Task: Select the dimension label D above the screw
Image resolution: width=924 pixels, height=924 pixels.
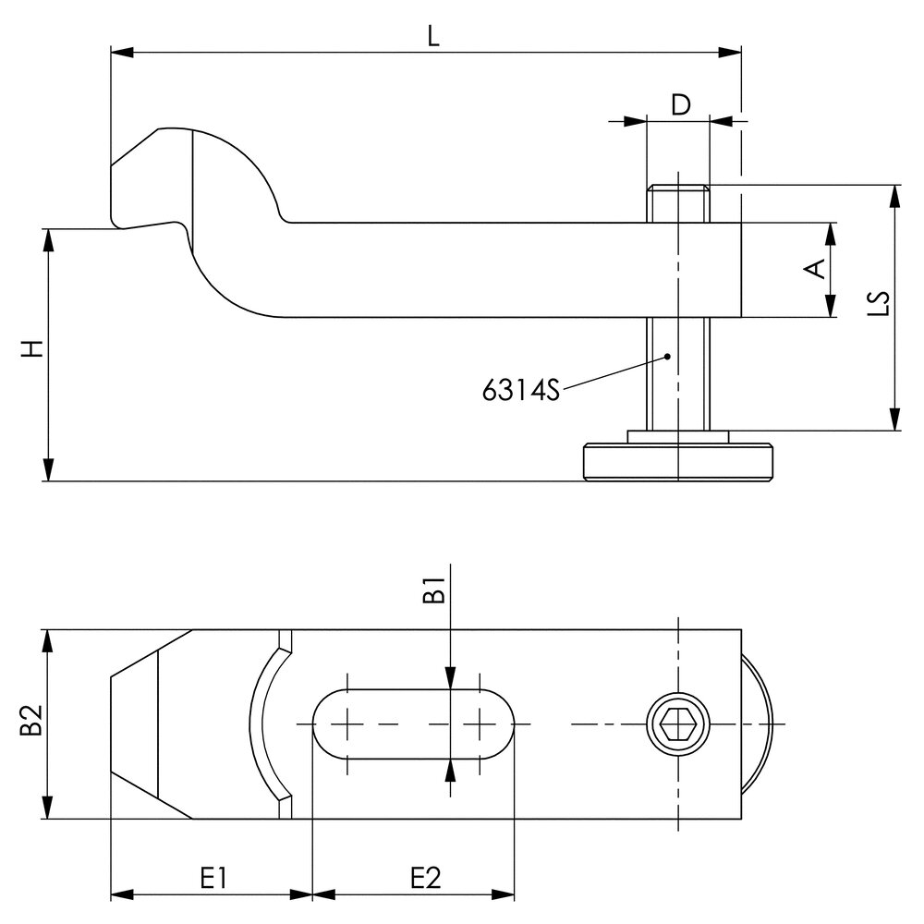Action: coord(680,104)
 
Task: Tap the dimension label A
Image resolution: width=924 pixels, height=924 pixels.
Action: coord(814,269)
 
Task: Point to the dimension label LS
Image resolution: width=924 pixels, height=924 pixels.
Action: coord(881,305)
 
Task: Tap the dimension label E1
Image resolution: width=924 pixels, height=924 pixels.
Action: coord(213,878)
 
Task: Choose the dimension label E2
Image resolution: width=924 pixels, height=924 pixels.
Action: coord(424,878)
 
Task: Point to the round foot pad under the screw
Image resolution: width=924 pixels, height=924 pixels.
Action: coord(677,462)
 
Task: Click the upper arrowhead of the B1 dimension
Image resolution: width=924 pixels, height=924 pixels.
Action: coord(448,680)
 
